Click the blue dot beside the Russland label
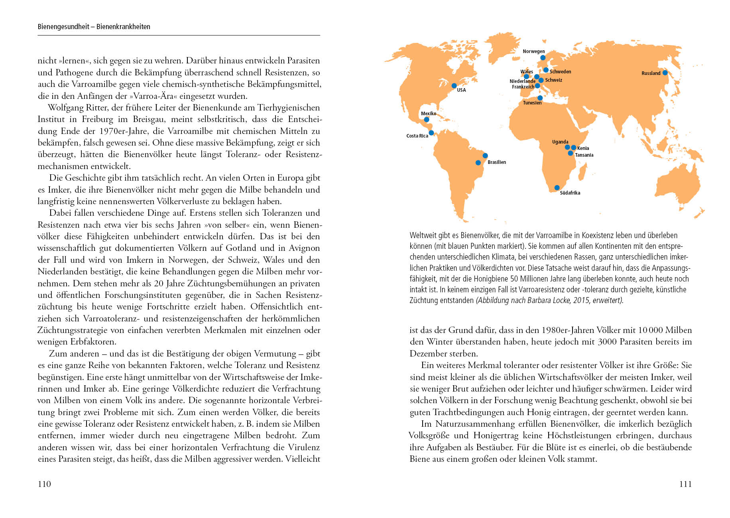[665, 73]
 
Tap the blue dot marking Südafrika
[557, 187]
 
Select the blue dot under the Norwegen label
[543, 58]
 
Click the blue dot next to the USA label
[454, 86]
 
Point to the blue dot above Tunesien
[540, 98]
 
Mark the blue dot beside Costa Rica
[431, 133]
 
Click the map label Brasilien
[496, 162]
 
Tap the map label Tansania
[584, 155]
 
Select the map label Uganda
[560, 142]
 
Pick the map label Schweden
[560, 72]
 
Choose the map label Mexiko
[429, 114]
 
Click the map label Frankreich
[523, 87]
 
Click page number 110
[44, 484]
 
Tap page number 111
[685, 484]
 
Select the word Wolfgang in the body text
[65, 108]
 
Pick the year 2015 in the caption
[581, 300]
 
